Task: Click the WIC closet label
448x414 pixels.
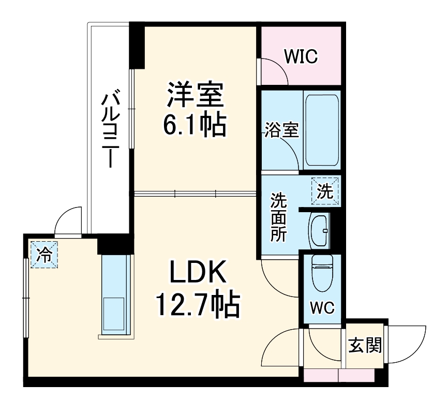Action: [300, 56]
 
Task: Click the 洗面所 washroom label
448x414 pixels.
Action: [280, 217]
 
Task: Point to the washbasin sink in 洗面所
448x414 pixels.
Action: [319, 230]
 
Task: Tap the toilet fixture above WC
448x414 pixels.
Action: [323, 274]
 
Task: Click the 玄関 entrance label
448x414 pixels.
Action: [364, 345]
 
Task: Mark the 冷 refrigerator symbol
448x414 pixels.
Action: [45, 255]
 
